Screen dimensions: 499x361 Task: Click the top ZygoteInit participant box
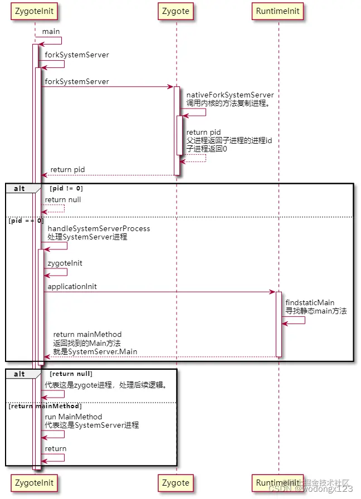coord(35,11)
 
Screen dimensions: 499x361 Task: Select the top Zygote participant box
coord(176,11)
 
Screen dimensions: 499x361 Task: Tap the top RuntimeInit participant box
coord(277,11)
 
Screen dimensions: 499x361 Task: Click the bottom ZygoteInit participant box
coord(35,482)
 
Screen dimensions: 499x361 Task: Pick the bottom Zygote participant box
coord(176,482)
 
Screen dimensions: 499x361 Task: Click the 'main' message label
coord(51,32)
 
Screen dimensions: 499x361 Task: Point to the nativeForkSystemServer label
coord(230,95)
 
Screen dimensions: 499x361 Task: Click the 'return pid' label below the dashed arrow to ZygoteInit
coord(67,169)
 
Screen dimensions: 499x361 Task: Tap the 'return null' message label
coord(63,199)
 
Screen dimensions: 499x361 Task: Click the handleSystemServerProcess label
coord(99,228)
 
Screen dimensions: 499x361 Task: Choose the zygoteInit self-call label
coord(66,263)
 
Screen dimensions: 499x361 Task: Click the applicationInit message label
coord(72,286)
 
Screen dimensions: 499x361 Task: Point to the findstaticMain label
coord(310,302)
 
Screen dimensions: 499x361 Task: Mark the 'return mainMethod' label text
coord(87,335)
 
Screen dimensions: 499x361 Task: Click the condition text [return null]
coord(71,374)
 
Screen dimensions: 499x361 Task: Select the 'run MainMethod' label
coord(74,417)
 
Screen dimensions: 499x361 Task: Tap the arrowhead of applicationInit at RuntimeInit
coord(273,292)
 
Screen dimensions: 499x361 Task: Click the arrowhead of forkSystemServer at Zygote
coord(171,87)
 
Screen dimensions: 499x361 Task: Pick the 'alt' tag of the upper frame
coord(19,188)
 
